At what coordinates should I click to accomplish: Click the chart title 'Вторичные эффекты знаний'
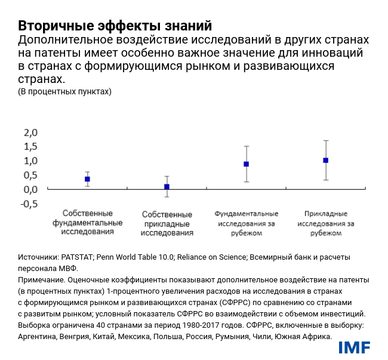115,26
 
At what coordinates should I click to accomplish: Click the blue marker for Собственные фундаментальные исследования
87,179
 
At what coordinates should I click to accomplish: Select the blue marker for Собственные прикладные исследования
167,187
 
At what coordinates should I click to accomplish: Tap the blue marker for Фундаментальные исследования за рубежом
246,164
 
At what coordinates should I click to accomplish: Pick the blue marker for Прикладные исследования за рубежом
325,160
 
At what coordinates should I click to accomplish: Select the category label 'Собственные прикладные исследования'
167,223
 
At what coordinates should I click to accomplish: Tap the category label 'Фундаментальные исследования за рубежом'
246,223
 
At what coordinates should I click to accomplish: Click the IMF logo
354,347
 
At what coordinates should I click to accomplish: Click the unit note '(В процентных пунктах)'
65,91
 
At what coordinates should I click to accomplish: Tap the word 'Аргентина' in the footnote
39,336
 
